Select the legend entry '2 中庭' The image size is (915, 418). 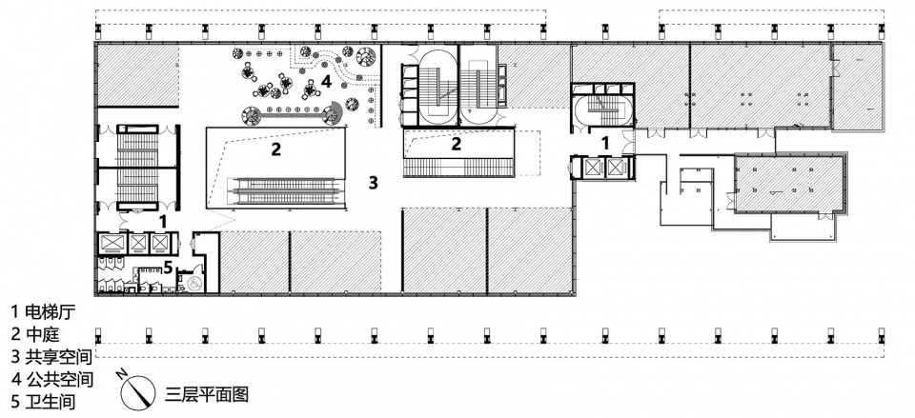coord(36,333)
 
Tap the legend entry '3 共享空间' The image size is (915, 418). coord(52,356)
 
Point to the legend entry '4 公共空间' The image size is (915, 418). coord(52,379)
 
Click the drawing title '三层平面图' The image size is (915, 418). coord(207,395)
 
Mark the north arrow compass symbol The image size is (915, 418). coord(137,390)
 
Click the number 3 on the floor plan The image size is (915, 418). coord(374,183)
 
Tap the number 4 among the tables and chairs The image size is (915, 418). coord(326,82)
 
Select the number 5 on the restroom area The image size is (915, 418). coord(168,268)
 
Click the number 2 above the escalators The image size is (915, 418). coord(276,149)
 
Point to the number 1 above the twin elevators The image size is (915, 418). coord(606,142)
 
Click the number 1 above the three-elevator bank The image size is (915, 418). coord(163,221)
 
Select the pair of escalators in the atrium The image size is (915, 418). coord(287,191)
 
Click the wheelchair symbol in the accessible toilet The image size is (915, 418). coord(194,283)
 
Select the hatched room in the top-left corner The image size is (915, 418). coord(136,76)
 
